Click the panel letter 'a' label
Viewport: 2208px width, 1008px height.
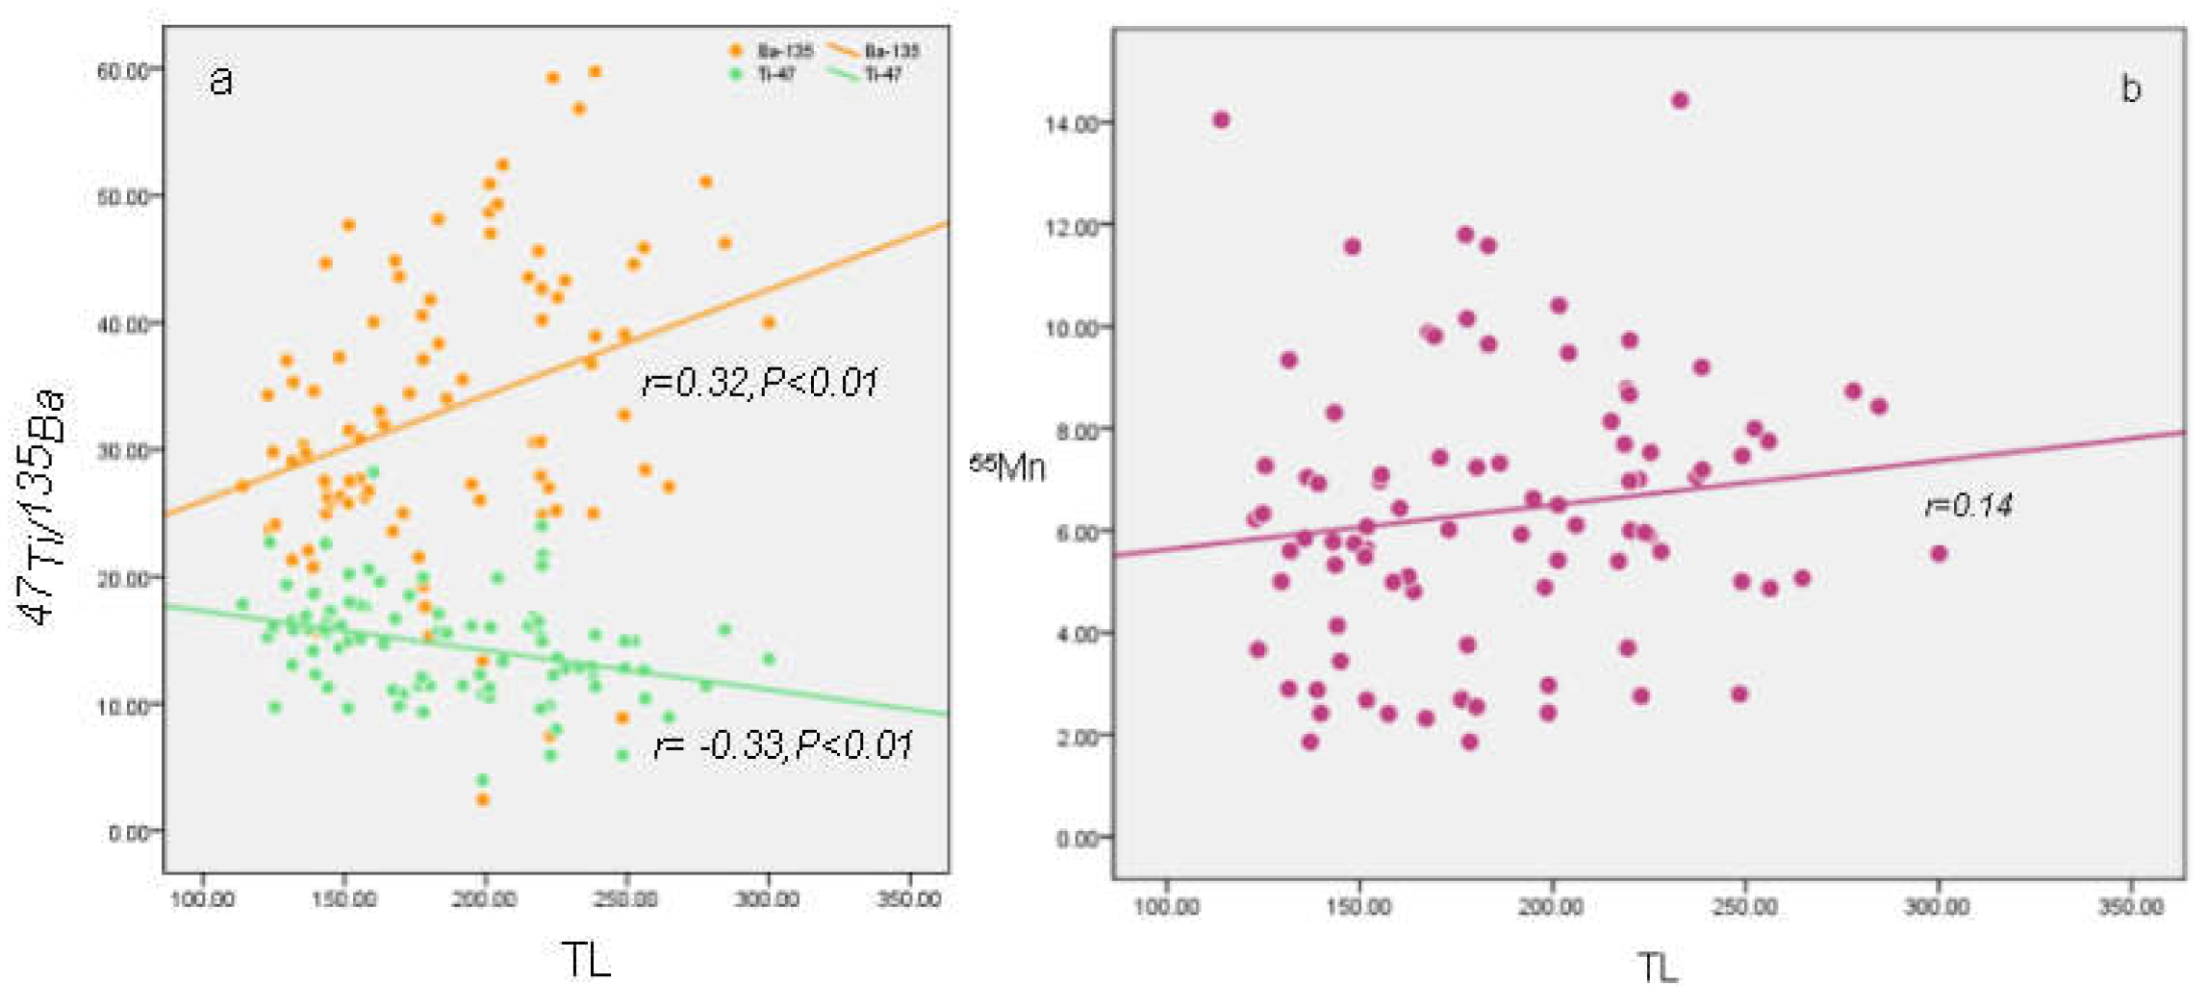(x=220, y=81)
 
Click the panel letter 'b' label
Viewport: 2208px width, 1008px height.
(x=2130, y=89)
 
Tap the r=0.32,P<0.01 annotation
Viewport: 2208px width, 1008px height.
(x=759, y=383)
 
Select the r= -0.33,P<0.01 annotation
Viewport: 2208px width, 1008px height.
(x=782, y=745)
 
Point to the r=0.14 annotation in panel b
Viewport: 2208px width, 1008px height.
(x=1968, y=506)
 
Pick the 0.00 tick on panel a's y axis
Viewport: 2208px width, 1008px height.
(x=129, y=833)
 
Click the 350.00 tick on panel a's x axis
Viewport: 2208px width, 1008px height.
(x=908, y=899)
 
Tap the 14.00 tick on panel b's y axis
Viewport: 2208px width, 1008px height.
(x=1071, y=124)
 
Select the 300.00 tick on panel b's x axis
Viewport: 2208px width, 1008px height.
(x=1937, y=907)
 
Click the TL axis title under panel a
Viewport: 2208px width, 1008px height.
(x=585, y=960)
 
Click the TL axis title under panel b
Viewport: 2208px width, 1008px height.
(x=1657, y=968)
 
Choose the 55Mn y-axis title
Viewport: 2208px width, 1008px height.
(x=1006, y=467)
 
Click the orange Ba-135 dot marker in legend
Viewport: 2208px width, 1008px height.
(x=736, y=50)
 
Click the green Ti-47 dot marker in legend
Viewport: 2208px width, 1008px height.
(x=736, y=74)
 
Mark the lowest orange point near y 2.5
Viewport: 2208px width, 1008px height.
(x=483, y=799)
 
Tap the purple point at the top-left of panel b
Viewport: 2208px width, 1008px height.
(x=1221, y=120)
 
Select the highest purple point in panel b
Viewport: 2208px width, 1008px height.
(x=1680, y=100)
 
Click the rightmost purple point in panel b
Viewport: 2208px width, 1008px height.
(x=1939, y=554)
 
